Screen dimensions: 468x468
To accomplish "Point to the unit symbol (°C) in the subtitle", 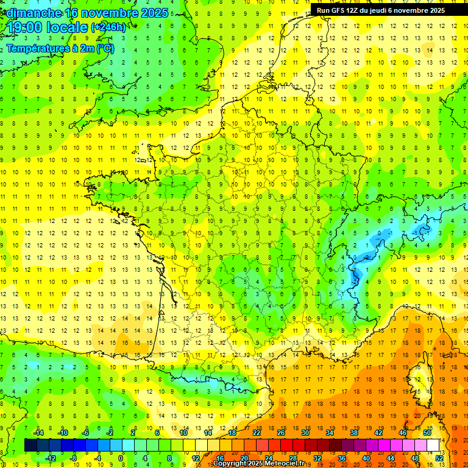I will pyautogui.click(x=105, y=49).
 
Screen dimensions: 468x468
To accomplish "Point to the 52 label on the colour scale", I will pyautogui.click(x=439, y=458).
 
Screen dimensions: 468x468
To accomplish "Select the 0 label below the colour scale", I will pyautogui.click(x=121, y=458).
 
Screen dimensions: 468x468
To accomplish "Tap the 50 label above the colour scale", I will pyautogui.click(x=427, y=433).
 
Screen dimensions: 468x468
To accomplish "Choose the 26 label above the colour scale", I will pyautogui.click(x=281, y=433).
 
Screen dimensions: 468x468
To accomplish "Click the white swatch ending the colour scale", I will pyautogui.click(x=433, y=445).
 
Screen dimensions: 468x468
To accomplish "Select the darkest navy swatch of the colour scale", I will pyautogui.click(x=30, y=445).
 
